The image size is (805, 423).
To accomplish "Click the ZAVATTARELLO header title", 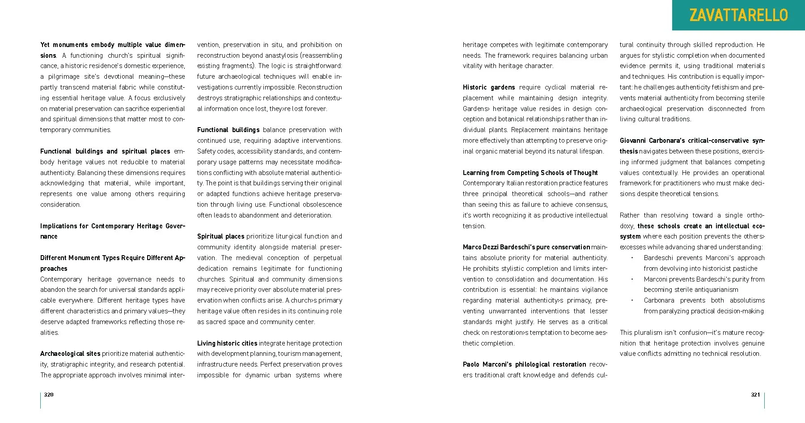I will click(x=738, y=15).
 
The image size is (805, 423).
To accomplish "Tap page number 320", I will click(x=49, y=394).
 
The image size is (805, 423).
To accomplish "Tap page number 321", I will click(x=755, y=394).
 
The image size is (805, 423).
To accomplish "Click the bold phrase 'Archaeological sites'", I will click(x=70, y=354).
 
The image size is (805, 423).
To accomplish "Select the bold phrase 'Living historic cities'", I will click(x=227, y=343).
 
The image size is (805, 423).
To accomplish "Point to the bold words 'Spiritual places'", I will click(x=221, y=236).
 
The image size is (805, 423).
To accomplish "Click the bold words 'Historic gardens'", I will click(x=489, y=87).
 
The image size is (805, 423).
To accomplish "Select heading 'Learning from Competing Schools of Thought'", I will click(x=530, y=173).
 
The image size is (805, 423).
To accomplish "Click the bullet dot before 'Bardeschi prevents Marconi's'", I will click(x=632, y=258).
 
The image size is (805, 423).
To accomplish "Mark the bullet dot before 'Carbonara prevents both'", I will click(x=632, y=300).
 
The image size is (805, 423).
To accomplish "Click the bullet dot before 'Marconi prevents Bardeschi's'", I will click(x=632, y=279).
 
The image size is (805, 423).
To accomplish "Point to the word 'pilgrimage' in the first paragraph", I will click(x=64, y=77).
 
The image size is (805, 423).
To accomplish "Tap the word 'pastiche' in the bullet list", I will click(x=745, y=269).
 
